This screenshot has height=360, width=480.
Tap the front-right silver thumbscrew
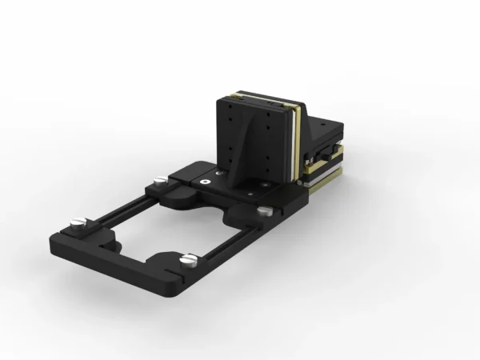190,259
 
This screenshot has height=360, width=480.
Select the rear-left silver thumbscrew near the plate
160,180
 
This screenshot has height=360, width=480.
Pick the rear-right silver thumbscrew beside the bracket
264,211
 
